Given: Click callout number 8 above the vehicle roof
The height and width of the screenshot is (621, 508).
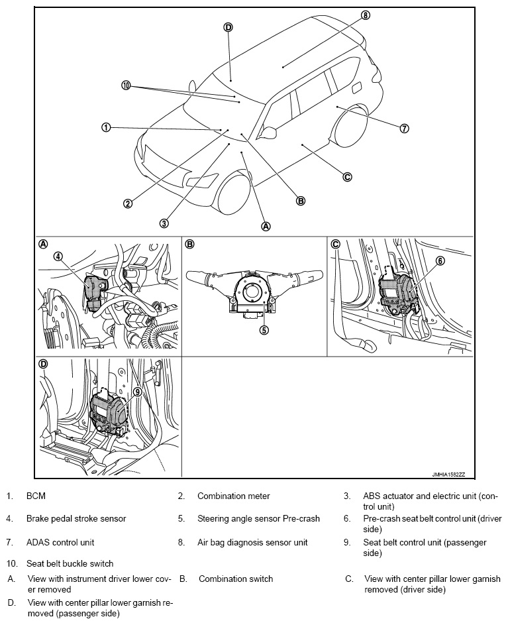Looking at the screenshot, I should tap(366, 15).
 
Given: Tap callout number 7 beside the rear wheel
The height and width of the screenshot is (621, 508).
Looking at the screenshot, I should tap(405, 129).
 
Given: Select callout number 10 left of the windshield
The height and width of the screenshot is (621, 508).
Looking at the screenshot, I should tap(126, 85).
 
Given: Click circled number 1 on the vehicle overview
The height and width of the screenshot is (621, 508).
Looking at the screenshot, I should tap(106, 127).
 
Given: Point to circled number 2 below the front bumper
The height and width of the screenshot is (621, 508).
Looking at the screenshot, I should tap(128, 203).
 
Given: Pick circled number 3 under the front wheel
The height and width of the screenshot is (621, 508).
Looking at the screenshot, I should tap(164, 223).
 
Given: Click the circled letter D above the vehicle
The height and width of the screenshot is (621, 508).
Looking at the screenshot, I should tap(228, 27).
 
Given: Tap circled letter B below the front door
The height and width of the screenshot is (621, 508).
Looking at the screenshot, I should tap(300, 200).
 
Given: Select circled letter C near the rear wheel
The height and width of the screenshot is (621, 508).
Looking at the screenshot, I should tap(346, 177).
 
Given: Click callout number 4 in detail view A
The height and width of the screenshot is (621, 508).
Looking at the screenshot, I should tap(58, 256).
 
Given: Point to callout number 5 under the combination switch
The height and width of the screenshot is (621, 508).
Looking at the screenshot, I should tap(263, 329).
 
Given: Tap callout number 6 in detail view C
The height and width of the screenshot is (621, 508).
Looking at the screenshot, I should tap(440, 260).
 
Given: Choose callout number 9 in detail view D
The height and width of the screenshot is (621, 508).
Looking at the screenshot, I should tap(138, 392).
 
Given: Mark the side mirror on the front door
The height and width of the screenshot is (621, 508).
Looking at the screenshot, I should tap(268, 133).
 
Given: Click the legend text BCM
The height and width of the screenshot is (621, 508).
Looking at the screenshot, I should tap(36, 496).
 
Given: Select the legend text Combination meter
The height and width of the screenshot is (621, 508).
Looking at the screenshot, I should tap(233, 496).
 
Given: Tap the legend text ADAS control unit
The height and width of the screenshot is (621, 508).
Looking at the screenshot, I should tap(60, 542).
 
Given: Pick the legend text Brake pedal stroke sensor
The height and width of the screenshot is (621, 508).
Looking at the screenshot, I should tap(76, 518).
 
